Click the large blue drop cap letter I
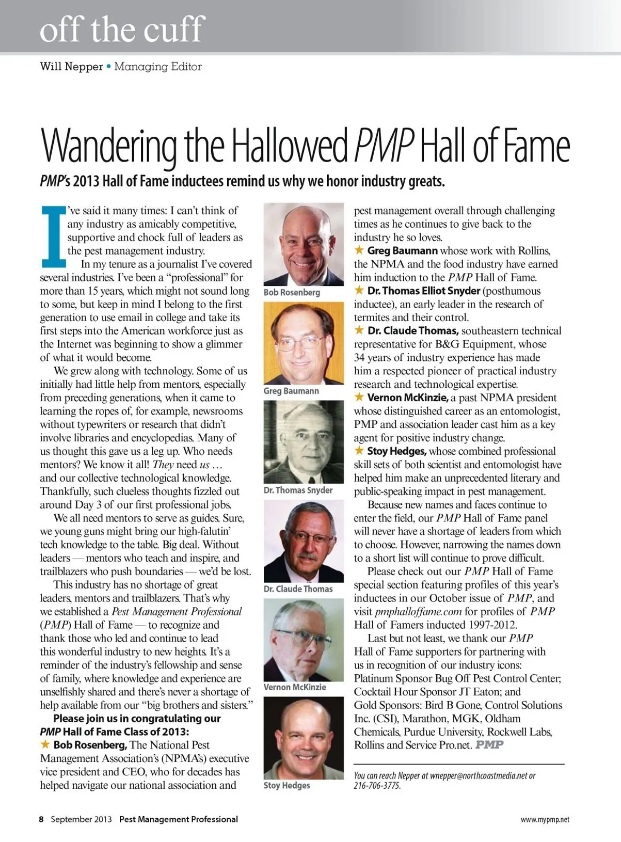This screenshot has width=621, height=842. (x=53, y=234)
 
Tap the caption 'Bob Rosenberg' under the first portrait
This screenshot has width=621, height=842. (x=291, y=293)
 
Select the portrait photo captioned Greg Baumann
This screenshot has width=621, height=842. (x=304, y=343)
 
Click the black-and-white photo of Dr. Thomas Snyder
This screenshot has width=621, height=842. (x=304, y=442)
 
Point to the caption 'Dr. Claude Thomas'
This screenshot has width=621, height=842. (x=298, y=589)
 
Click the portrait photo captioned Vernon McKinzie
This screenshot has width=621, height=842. (x=304, y=640)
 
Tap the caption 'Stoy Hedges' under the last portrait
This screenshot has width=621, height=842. (x=287, y=786)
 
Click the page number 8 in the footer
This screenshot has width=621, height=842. (x=41, y=819)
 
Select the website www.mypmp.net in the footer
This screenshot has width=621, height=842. (x=545, y=820)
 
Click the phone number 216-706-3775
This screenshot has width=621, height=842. (x=377, y=786)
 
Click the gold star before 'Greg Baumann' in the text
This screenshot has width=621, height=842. (x=359, y=251)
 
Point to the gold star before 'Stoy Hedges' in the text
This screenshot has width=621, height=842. (x=359, y=451)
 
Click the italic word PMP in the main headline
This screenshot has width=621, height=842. (x=384, y=146)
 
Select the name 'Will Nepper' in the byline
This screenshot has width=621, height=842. (x=71, y=67)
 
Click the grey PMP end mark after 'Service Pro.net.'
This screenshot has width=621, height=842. (x=490, y=745)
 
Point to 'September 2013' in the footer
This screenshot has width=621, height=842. (x=81, y=819)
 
